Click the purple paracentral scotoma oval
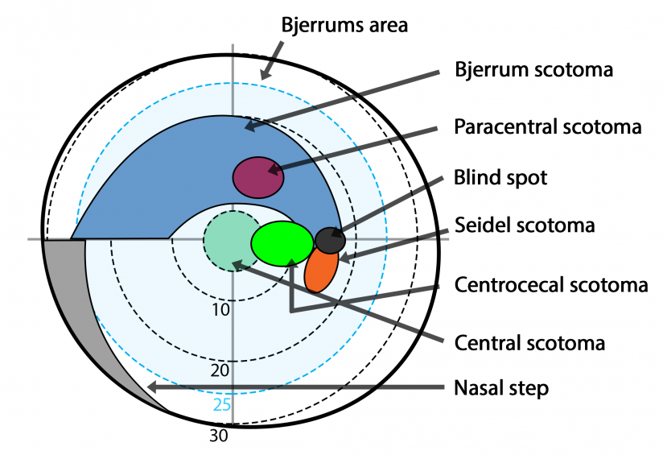(258, 177)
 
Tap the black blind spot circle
(330, 240)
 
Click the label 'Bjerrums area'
(344, 25)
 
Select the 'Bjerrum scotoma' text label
(533, 70)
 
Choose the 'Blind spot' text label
(500, 177)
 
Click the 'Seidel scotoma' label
(524, 225)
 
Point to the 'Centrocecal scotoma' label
(551, 285)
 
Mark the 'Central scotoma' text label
(529, 343)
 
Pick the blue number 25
(222, 404)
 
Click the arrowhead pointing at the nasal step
(152, 388)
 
